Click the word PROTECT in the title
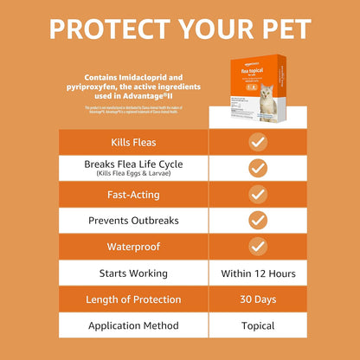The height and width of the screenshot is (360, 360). pyautogui.click(x=105, y=29)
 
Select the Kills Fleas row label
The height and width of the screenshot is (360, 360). pyautogui.click(x=133, y=142)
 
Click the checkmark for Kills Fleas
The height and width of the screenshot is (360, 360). pyautogui.click(x=257, y=142)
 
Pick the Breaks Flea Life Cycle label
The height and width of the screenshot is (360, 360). pyautogui.click(x=133, y=164)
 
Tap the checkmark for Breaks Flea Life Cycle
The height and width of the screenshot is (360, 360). pyautogui.click(x=257, y=168)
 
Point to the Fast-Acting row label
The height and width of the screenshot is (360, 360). pyautogui.click(x=133, y=194)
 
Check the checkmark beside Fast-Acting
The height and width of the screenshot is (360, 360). pyautogui.click(x=257, y=194)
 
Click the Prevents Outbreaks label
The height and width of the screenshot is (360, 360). pyautogui.click(x=133, y=220)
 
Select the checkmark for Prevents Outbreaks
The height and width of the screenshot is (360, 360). pyautogui.click(x=257, y=220)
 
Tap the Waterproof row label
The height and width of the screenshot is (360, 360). pyautogui.click(x=133, y=247)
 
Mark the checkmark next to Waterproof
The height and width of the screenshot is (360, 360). pyautogui.click(x=257, y=247)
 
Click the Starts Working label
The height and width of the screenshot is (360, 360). pyautogui.click(x=133, y=273)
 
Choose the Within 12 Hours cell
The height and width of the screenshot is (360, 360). pyautogui.click(x=257, y=273)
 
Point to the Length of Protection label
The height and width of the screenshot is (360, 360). pyautogui.click(x=133, y=299)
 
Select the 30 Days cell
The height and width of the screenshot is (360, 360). pyautogui.click(x=257, y=299)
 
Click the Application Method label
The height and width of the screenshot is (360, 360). pyautogui.click(x=133, y=326)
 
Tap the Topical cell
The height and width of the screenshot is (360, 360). pyautogui.click(x=257, y=326)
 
